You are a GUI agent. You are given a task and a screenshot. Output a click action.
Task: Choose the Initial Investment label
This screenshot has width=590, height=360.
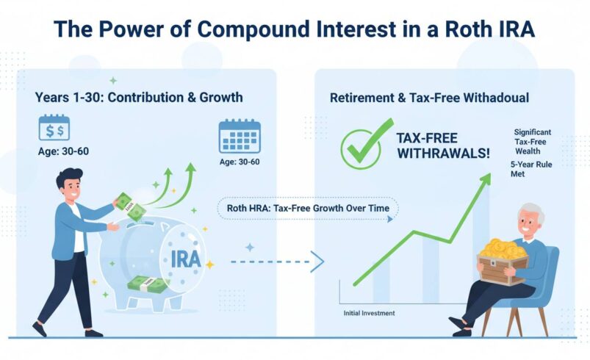(369, 314)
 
